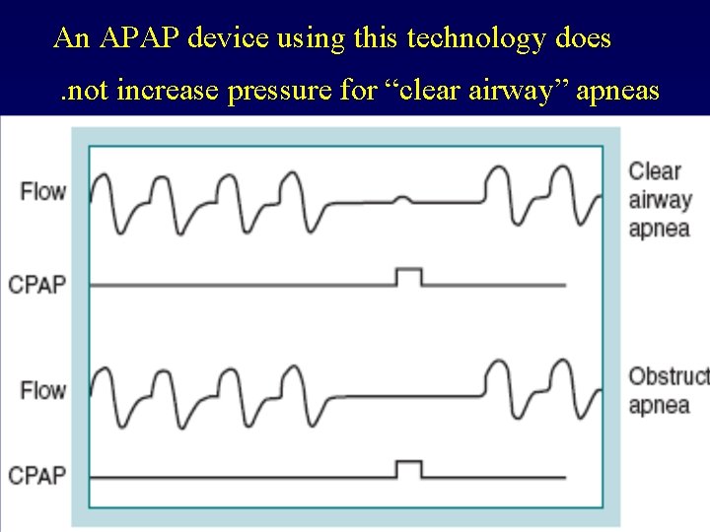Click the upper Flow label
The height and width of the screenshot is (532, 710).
coord(43,191)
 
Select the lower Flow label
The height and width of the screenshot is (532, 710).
coord(43,390)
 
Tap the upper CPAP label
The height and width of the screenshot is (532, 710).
coord(37,286)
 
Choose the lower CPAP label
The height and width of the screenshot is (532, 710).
coord(37,476)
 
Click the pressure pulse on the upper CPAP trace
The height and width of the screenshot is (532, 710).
coord(408,276)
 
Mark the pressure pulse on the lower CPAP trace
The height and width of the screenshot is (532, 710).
coord(408,468)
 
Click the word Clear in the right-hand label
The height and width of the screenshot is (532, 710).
coord(655,171)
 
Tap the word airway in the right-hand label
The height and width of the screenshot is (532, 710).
coord(660,201)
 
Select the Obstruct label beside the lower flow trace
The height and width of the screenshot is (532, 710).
coord(669,376)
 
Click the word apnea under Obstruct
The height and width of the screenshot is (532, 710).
coord(659,406)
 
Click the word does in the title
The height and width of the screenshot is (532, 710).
coord(583,39)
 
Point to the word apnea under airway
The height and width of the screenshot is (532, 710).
coord(659,231)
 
